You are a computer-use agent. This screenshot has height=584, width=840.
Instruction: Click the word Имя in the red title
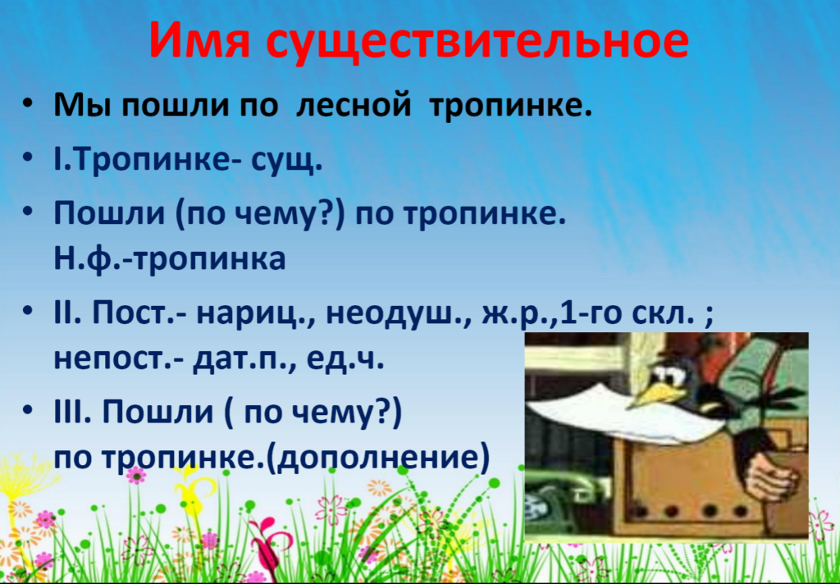(x=199, y=41)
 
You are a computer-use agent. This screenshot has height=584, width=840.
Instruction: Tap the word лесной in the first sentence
(x=354, y=104)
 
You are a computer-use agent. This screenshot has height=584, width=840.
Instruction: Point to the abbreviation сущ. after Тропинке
(x=286, y=160)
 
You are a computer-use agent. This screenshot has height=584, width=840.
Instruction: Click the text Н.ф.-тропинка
(x=170, y=258)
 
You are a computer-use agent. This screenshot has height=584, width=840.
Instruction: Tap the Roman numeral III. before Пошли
(x=72, y=412)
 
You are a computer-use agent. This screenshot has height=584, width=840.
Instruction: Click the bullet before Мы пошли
(x=28, y=104)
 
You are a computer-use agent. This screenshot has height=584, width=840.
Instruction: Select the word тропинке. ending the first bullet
(x=510, y=106)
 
